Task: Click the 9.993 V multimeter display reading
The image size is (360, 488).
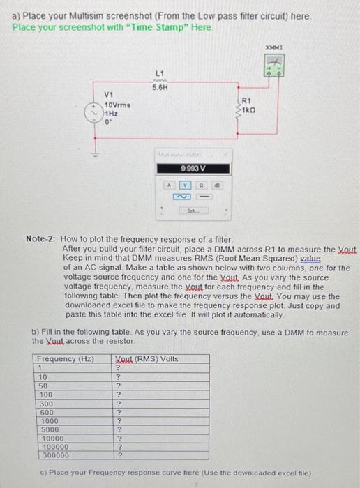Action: click(193, 168)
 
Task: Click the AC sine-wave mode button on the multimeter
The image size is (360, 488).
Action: click(185, 197)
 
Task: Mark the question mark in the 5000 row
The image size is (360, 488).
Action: click(119, 429)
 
